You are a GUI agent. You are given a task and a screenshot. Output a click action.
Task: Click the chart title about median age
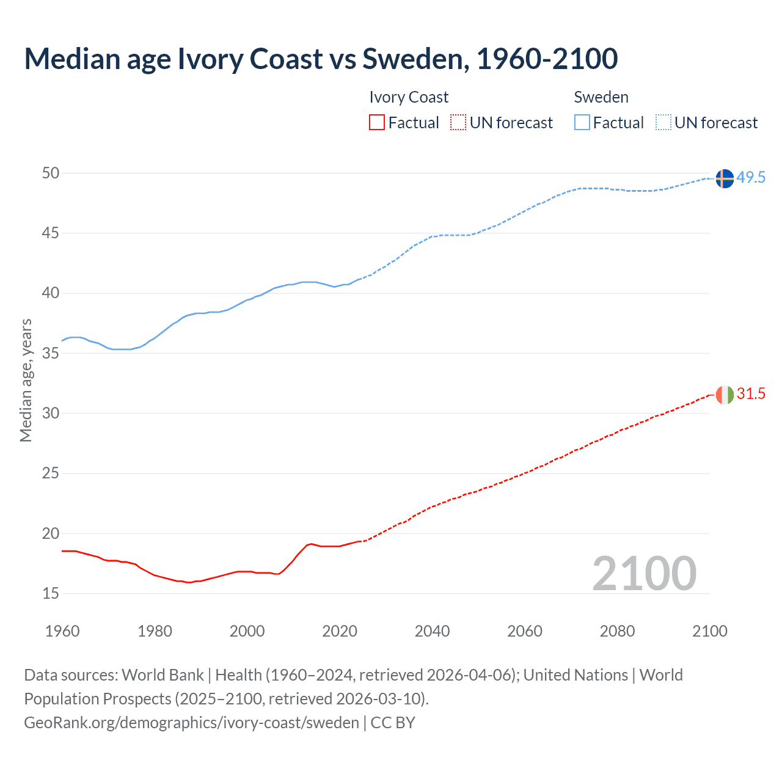click(x=321, y=59)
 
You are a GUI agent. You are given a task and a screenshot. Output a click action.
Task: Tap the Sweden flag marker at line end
click(x=724, y=178)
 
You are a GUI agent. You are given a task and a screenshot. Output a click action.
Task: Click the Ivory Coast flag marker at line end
click(x=724, y=395)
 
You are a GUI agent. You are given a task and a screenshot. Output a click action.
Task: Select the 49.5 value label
click(x=751, y=177)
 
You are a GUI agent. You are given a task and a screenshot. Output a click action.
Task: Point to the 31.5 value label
click(x=751, y=394)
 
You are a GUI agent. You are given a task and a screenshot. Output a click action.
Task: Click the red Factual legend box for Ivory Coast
click(x=377, y=123)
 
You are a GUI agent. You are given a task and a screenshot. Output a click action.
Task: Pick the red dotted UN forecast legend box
click(x=458, y=123)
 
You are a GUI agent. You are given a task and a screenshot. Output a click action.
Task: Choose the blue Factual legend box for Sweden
click(x=582, y=123)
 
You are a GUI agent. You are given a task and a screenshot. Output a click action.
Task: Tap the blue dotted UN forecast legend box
click(x=663, y=123)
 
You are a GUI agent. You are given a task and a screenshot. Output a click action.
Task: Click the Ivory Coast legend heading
click(x=409, y=97)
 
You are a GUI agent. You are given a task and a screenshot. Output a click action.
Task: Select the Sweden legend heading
click(x=601, y=97)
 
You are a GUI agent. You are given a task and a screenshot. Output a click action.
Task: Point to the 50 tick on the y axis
click(x=51, y=174)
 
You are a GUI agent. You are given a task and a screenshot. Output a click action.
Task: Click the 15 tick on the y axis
click(x=51, y=594)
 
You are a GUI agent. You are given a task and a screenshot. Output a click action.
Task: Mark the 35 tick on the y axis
click(x=51, y=354)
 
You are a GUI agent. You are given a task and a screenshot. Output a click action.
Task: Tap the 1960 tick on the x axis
click(x=62, y=631)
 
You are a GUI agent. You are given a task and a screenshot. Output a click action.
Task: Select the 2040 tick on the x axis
click(x=432, y=631)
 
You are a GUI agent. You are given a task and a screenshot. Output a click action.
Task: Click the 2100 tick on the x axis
click(x=710, y=631)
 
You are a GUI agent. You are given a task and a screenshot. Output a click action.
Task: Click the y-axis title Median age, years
click(x=26, y=380)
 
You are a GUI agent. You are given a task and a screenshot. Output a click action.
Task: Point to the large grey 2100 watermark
click(x=644, y=573)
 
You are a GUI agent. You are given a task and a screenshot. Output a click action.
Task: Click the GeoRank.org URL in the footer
click(x=191, y=723)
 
